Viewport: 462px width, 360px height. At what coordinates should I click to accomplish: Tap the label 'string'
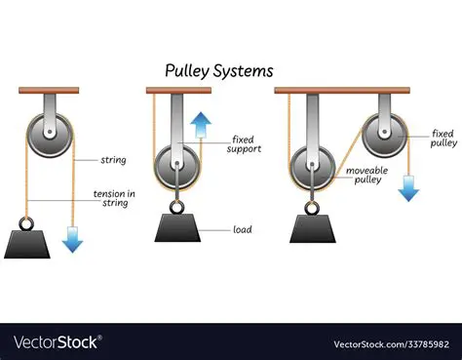[x=113, y=159]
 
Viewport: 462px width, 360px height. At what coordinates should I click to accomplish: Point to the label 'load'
[x=243, y=230]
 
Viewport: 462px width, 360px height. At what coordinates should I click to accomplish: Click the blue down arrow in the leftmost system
[x=72, y=236]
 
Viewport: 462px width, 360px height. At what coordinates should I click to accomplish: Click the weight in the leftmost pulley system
[x=28, y=240]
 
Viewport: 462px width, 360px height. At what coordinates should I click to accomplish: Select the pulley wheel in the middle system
[x=176, y=162]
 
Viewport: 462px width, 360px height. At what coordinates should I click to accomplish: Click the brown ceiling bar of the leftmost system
[x=47, y=91]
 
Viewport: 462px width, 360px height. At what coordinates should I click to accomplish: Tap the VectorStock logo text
[x=57, y=341]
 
